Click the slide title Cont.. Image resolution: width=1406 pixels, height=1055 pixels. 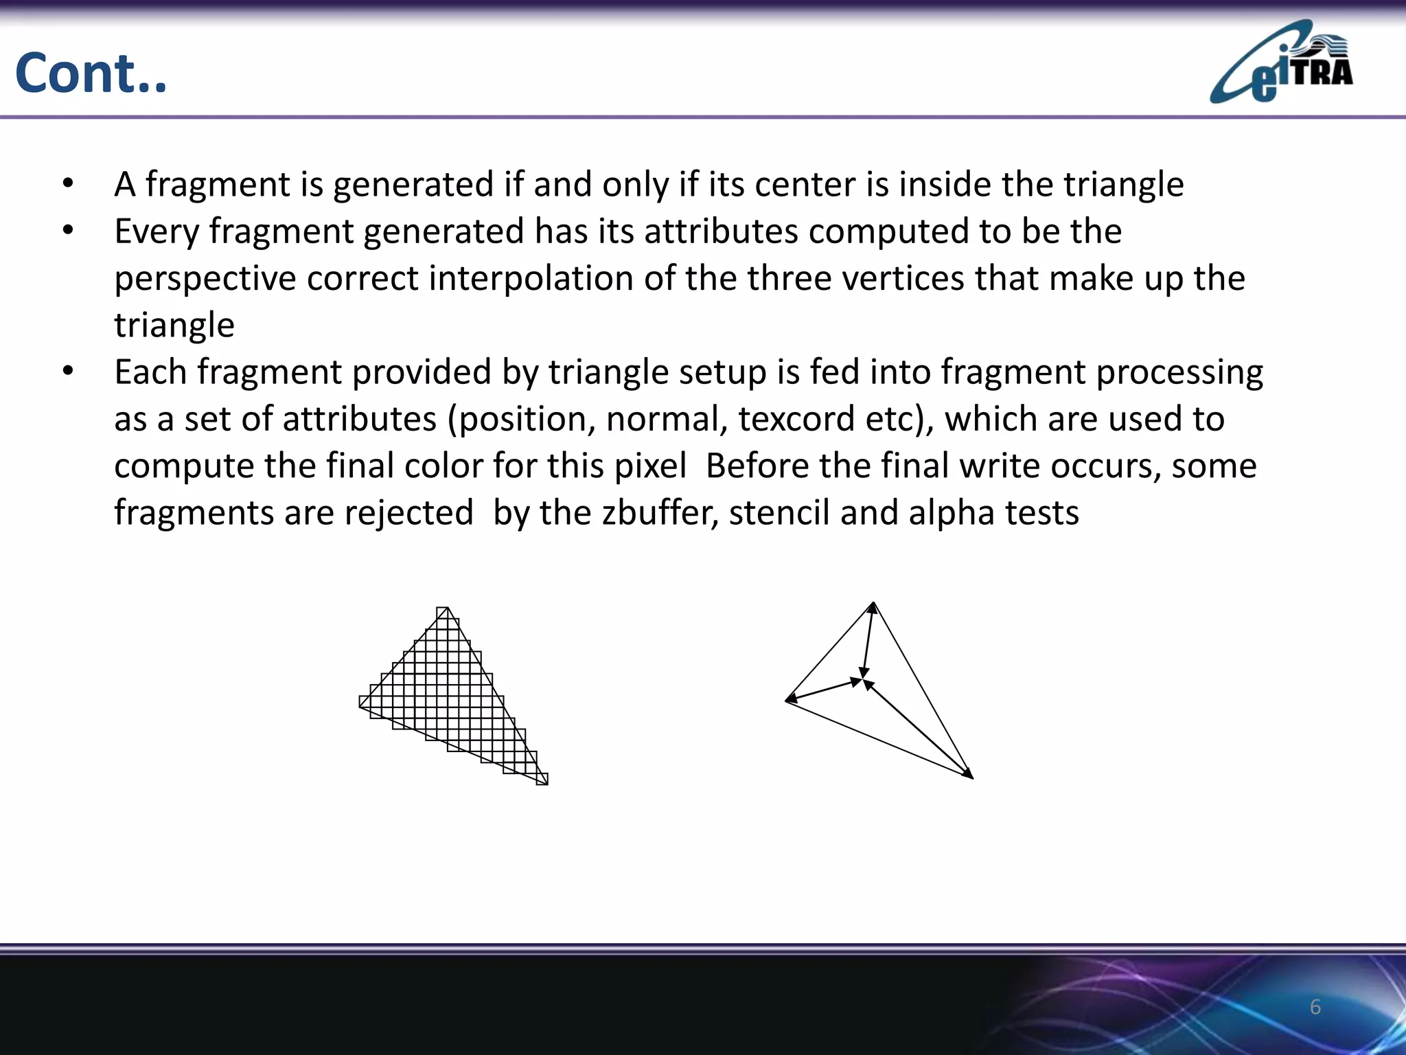[91, 73]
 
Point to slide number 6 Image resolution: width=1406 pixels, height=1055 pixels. [1315, 1007]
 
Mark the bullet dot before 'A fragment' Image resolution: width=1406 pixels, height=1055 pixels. [67, 184]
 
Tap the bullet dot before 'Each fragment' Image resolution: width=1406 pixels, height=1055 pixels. [67, 372]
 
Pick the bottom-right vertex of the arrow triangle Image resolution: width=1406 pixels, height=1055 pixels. [972, 778]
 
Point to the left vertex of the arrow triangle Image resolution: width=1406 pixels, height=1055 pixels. [787, 701]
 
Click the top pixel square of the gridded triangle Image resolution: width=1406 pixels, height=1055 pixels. [443, 613]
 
